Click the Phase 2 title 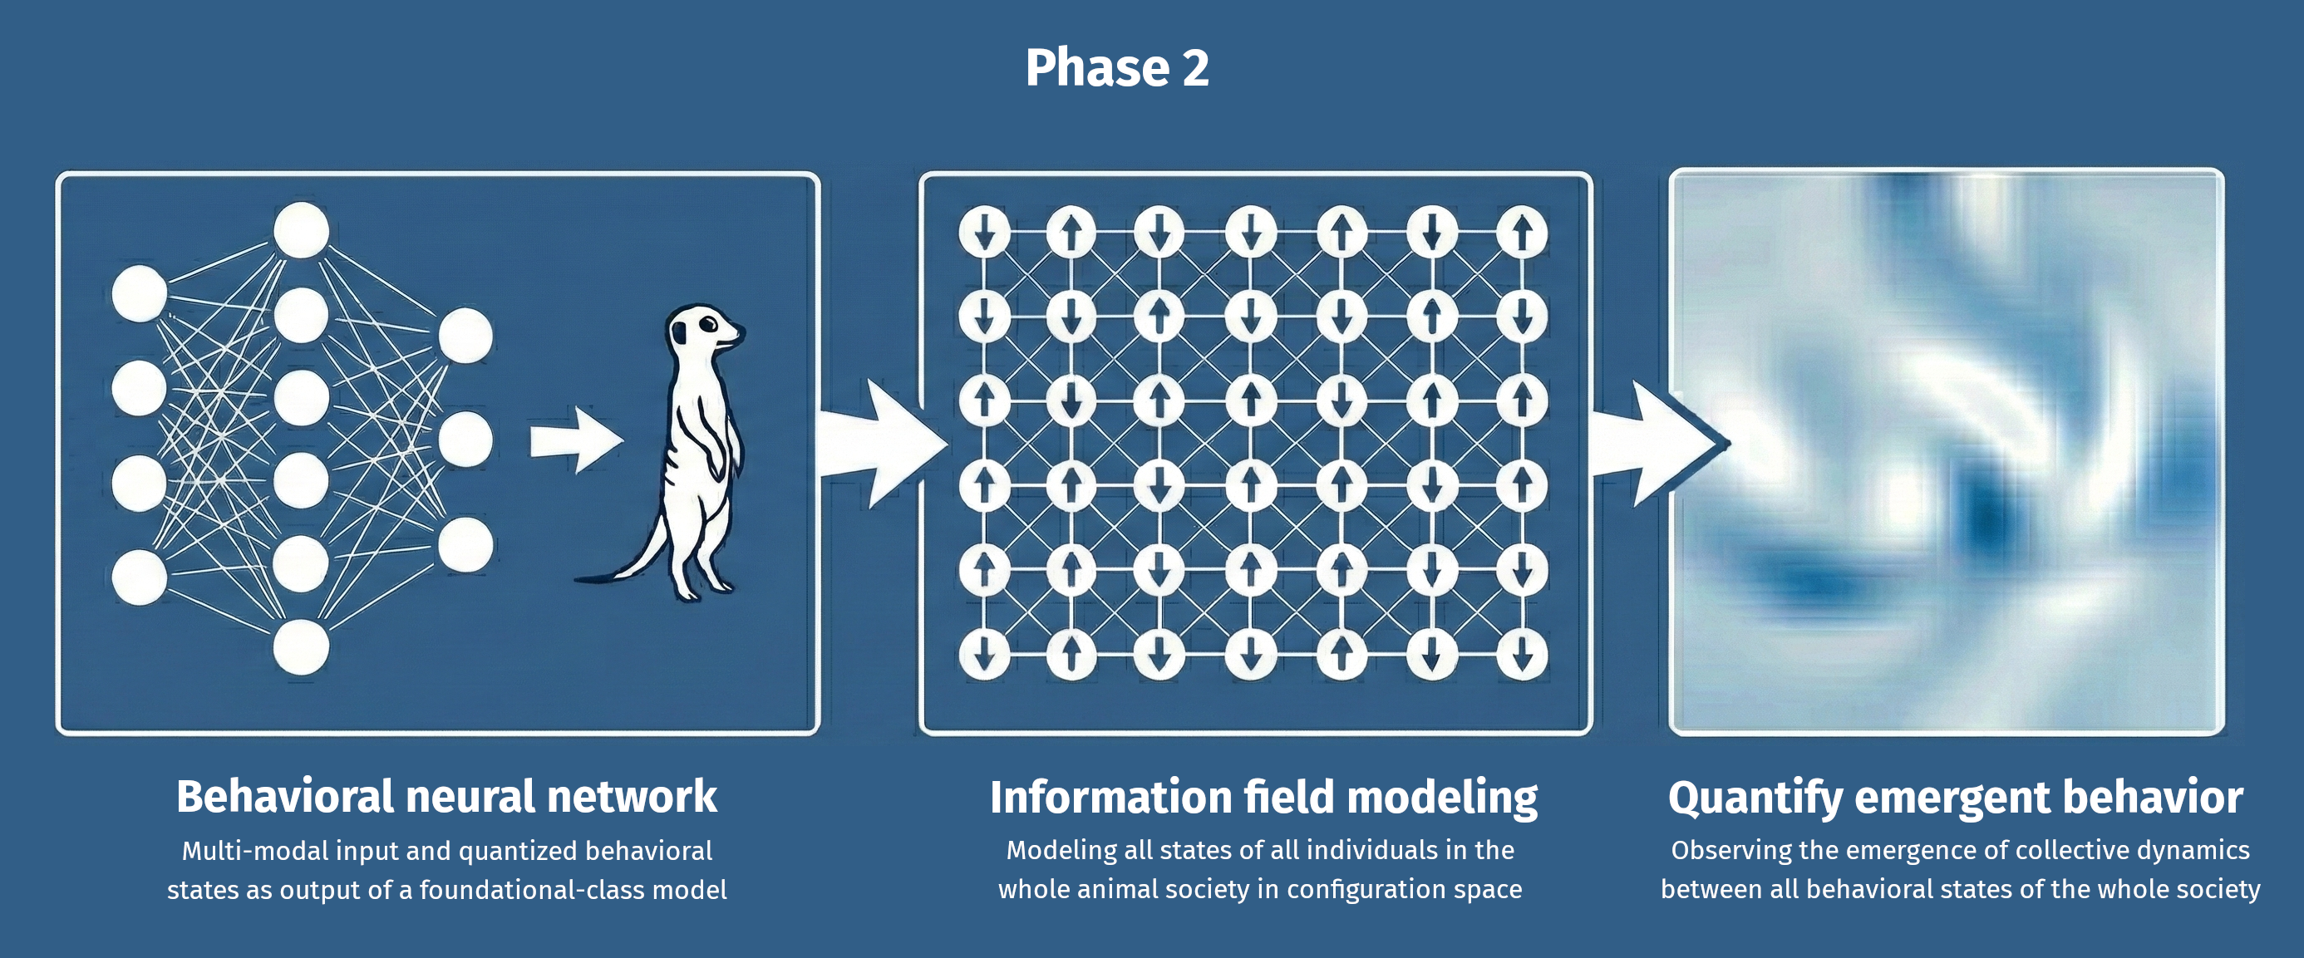[x=1117, y=68]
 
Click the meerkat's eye [x=706, y=325]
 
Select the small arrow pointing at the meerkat [x=576, y=440]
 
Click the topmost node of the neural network [x=302, y=230]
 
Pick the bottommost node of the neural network [x=302, y=646]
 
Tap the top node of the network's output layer [x=465, y=337]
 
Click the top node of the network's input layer [x=140, y=292]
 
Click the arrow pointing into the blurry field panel [x=1655, y=443]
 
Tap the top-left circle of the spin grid [x=985, y=232]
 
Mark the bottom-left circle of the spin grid [x=985, y=655]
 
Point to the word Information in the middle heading [x=1109, y=797]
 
